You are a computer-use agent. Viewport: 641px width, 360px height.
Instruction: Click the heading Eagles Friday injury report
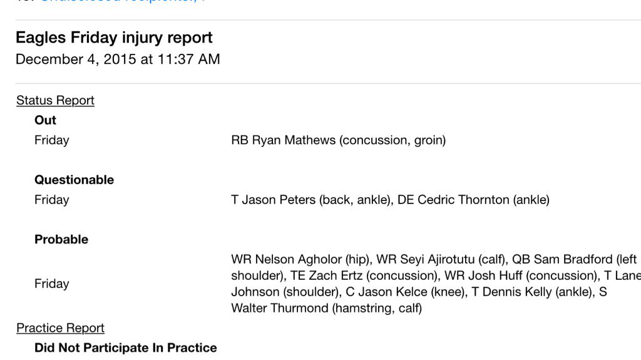point(114,38)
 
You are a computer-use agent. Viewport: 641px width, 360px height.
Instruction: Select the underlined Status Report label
point(55,100)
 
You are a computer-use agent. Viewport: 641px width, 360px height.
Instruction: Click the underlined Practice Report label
point(60,328)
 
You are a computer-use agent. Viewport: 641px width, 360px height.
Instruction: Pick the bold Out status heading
point(45,120)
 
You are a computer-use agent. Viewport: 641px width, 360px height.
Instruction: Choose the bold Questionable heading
point(74,180)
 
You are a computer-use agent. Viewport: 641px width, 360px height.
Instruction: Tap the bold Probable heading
point(61,239)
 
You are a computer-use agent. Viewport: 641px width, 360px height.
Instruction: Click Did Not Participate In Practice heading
point(125,348)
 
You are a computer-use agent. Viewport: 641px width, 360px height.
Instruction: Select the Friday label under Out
point(51,140)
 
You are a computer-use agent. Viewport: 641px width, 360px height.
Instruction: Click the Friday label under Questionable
point(51,200)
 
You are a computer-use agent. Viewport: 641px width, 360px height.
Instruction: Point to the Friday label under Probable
point(51,284)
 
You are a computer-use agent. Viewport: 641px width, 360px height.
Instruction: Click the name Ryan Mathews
point(294,140)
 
